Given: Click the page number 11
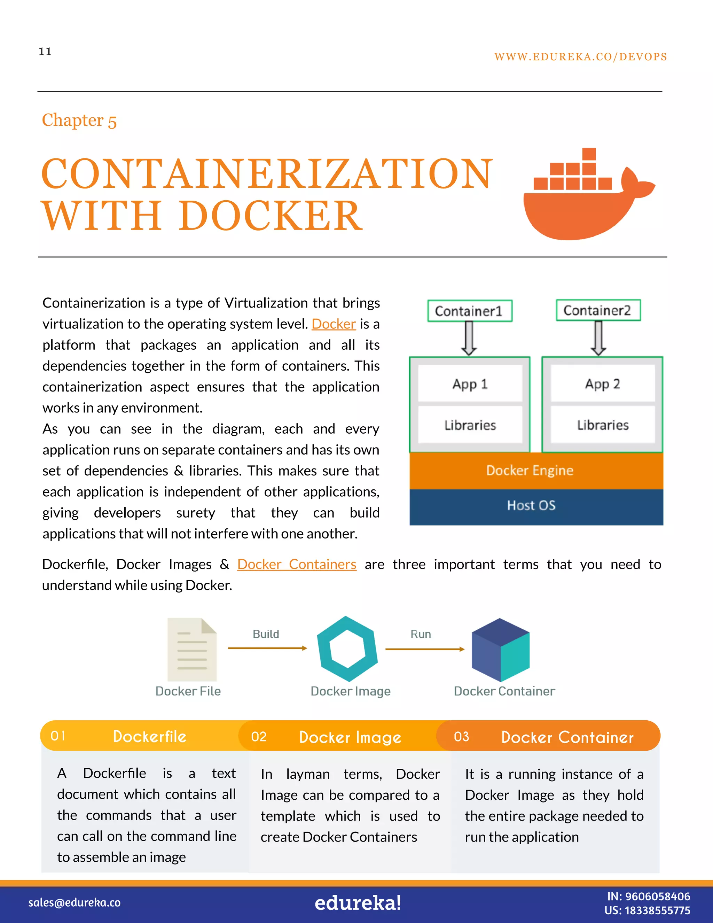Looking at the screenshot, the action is click(x=45, y=52).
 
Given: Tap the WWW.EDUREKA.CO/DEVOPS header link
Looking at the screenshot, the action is click(x=580, y=57).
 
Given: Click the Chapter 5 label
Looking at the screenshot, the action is click(x=79, y=121).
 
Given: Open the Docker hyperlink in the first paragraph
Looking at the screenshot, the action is click(x=334, y=324).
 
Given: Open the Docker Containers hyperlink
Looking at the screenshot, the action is click(x=297, y=565).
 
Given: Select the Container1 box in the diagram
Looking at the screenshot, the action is click(x=469, y=311).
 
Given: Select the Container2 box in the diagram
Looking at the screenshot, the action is click(x=598, y=311).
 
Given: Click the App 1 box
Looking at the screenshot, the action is click(x=470, y=384).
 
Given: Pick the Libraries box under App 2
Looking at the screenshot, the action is click(x=602, y=425).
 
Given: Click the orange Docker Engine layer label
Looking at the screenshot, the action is click(x=530, y=470).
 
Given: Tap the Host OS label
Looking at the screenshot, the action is click(x=531, y=505).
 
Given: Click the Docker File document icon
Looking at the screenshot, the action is click(x=192, y=650).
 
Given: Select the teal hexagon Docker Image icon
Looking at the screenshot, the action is click(x=347, y=649).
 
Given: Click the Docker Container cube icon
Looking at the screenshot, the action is click(x=501, y=650).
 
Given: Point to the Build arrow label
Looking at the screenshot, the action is click(x=266, y=634).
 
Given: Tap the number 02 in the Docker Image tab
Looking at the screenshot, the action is click(x=259, y=737).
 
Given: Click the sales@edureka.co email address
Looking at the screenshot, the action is click(x=75, y=903).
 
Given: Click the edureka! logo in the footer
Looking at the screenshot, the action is click(x=357, y=903).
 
